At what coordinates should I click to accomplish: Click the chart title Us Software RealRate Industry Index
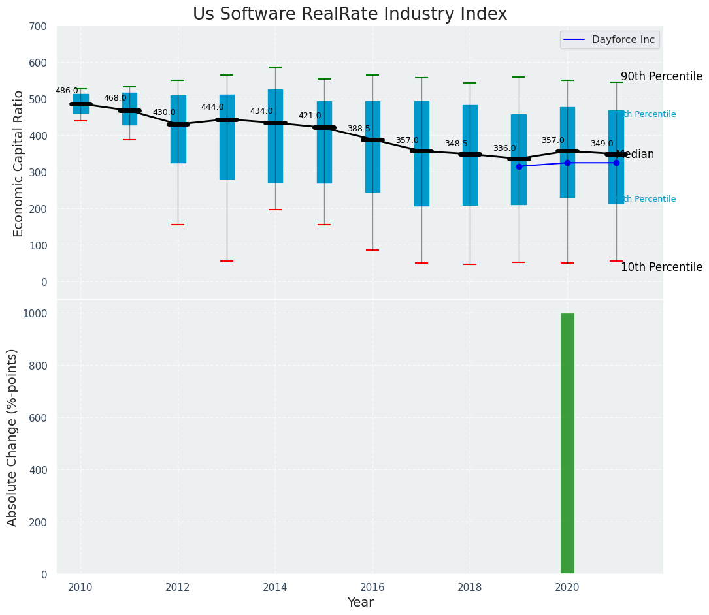coord(350,14)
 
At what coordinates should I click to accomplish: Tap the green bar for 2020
coord(567,444)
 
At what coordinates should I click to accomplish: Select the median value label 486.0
coord(67,91)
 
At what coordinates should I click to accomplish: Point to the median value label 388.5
coord(359,129)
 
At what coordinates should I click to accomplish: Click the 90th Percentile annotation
coord(661,76)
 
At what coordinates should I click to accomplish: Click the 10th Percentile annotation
coord(661,267)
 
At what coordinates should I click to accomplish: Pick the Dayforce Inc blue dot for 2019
coord(519,166)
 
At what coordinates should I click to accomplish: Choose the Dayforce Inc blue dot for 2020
coord(567,163)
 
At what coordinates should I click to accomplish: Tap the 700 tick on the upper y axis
coord(38,26)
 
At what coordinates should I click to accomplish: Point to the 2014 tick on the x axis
coord(275,587)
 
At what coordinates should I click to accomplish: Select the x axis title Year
coord(360,603)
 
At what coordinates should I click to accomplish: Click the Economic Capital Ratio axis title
coord(18,163)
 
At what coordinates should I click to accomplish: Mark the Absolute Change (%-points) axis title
coord(12,437)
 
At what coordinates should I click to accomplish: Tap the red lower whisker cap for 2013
coord(227,261)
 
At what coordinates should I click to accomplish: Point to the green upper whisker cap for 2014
coord(275,67)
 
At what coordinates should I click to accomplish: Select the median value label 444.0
coord(212,107)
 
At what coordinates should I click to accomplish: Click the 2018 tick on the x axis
coord(470,587)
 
